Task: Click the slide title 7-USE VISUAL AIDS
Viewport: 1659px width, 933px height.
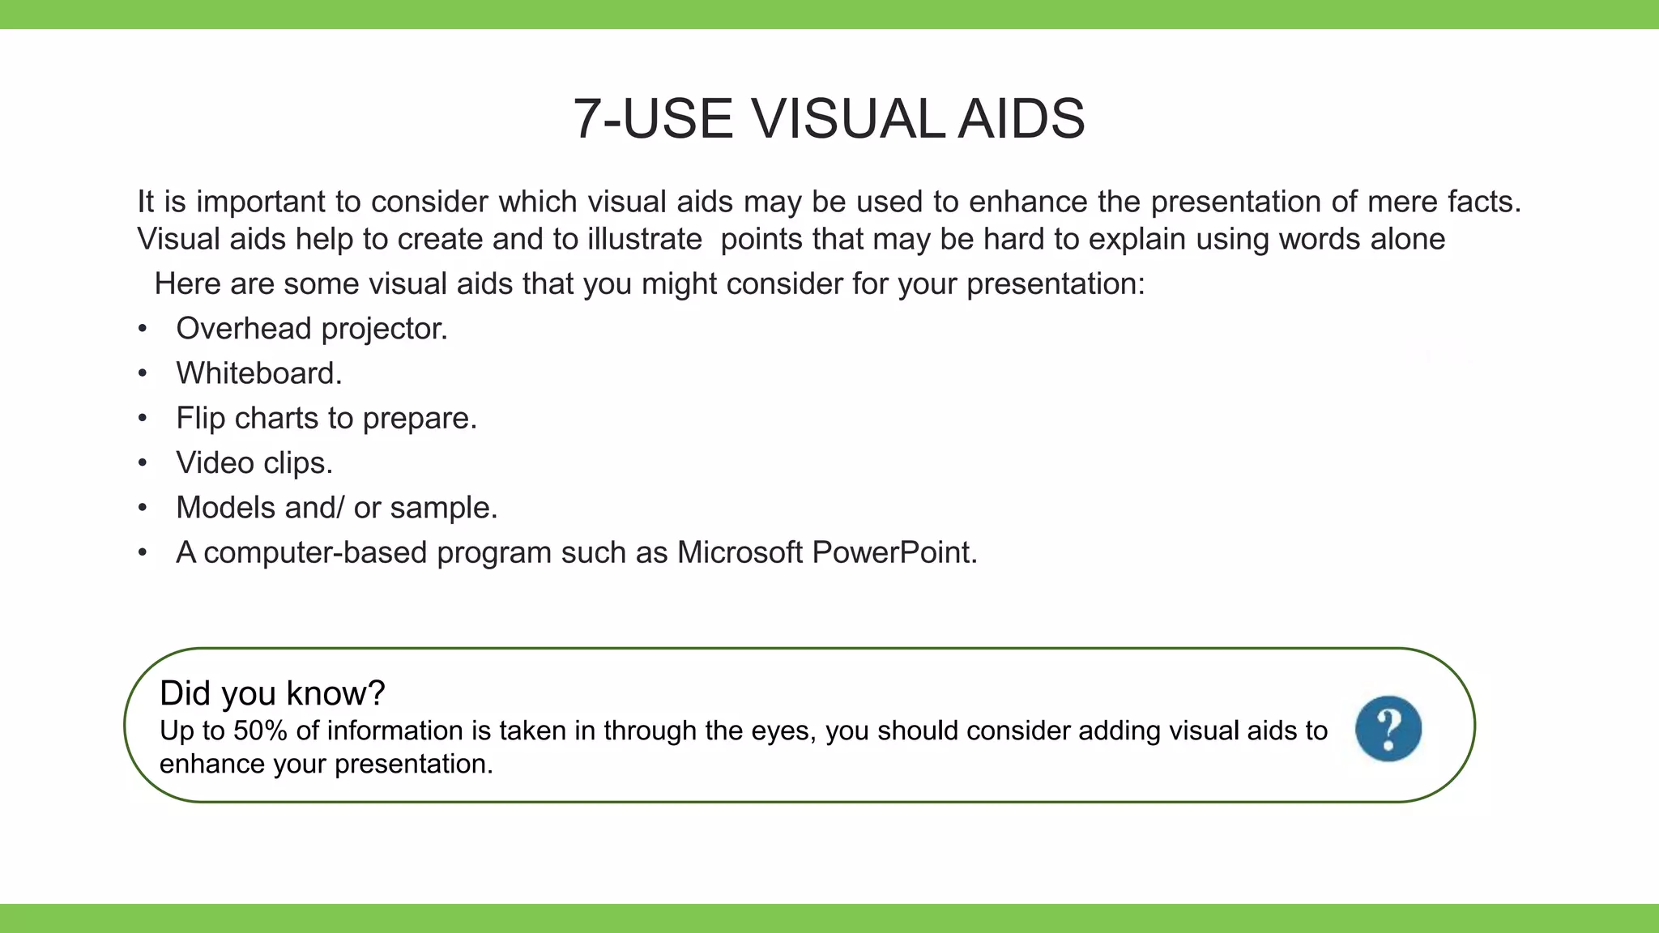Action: pos(828,119)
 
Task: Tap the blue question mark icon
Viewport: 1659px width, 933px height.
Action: pos(1388,728)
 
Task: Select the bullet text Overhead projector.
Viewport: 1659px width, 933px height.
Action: pos(312,329)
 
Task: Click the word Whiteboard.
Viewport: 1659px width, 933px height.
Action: pos(258,373)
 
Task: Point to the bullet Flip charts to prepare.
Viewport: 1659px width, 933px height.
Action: pos(326,419)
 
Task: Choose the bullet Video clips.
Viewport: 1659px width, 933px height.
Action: pos(254,463)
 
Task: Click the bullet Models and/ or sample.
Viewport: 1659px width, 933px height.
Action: pos(336,508)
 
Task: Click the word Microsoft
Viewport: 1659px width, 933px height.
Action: pos(740,552)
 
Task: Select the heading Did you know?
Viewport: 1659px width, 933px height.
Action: pos(272,693)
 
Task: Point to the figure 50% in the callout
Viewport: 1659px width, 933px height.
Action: pos(259,731)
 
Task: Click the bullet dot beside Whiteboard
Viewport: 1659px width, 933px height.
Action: pos(143,374)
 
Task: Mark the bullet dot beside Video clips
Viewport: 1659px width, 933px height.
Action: pos(143,463)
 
